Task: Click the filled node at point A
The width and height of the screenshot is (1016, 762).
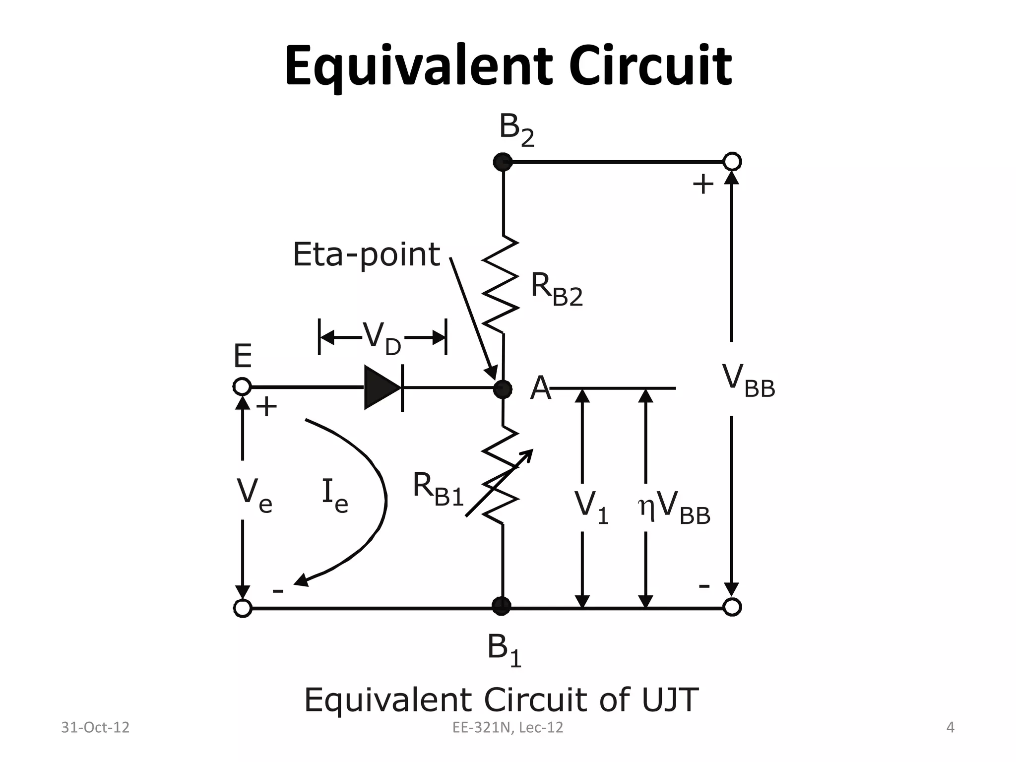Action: coord(503,389)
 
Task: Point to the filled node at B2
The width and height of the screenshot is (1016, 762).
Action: coord(503,162)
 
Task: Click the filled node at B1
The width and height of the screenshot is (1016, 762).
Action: coord(502,606)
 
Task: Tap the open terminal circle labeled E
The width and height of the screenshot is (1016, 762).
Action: coord(242,386)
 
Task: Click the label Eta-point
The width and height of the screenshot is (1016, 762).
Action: coord(366,254)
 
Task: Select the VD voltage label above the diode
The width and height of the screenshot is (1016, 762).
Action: coord(381,338)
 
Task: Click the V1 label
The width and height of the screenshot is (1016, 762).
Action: coord(591,508)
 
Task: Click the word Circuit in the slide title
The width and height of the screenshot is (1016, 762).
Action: coord(650,66)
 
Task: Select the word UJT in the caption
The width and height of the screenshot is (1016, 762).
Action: coord(670,700)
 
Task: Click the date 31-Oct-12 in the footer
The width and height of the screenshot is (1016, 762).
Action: coord(95,727)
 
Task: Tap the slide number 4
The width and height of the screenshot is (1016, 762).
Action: coord(950,727)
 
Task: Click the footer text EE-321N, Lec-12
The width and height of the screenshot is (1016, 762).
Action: coord(508,727)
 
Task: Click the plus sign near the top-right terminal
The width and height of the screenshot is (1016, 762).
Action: coord(702,185)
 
